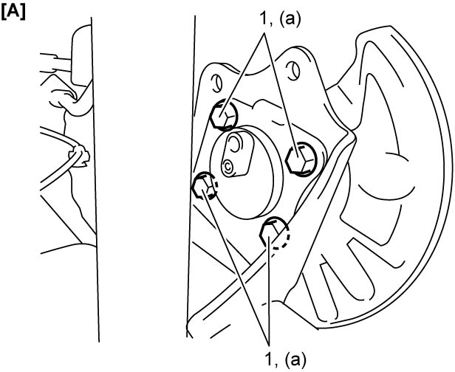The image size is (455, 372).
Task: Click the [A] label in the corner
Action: click(x=13, y=14)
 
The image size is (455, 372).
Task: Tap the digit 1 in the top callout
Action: click(x=263, y=20)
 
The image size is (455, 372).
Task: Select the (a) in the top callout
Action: click(x=289, y=20)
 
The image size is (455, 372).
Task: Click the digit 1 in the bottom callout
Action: click(x=268, y=359)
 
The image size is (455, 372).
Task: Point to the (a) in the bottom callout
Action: click(x=294, y=359)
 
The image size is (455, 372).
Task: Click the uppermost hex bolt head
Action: click(x=223, y=116)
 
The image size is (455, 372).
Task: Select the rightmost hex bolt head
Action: click(x=301, y=159)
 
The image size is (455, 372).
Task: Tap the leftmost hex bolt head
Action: click(x=204, y=186)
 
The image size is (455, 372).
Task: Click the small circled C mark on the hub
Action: click(x=228, y=167)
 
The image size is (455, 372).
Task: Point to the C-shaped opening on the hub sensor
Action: click(x=235, y=144)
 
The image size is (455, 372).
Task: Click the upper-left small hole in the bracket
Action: click(x=216, y=83)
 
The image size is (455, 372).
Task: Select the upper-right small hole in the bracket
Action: click(x=292, y=71)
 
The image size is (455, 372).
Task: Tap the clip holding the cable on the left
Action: click(x=79, y=156)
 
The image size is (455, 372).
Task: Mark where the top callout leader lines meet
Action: click(x=264, y=33)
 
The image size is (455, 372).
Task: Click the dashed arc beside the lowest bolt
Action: click(x=285, y=241)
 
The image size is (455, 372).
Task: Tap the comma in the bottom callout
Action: click(x=276, y=365)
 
